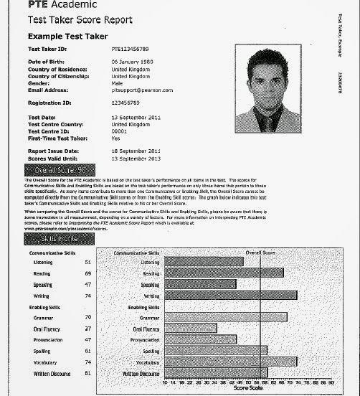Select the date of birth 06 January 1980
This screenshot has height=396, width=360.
pos(134,62)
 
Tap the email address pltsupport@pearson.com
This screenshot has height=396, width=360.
pos(143,90)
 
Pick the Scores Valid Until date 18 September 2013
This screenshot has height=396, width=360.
pos(136,158)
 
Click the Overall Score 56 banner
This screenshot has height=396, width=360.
pos(61,171)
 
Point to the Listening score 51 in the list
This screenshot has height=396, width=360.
pos(87,263)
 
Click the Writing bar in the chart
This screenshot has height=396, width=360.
pos(229,296)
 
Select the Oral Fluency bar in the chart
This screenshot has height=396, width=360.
pos(190,329)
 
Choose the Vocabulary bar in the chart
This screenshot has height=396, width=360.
pos(229,362)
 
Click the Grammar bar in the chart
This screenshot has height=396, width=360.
pos(225,317)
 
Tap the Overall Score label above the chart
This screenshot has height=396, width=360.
pos(260,253)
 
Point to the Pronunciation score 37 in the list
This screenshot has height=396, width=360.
pos(87,339)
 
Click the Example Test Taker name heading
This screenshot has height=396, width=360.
pos(67,36)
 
